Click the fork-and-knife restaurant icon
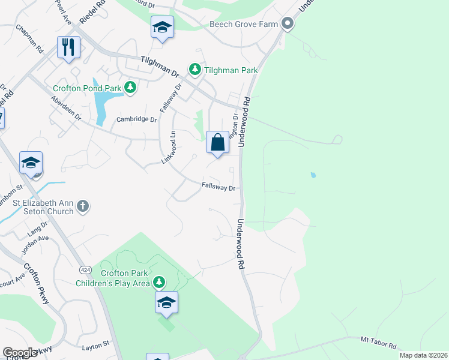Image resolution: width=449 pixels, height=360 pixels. [x=68, y=47]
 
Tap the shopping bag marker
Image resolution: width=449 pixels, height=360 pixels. [x=217, y=143]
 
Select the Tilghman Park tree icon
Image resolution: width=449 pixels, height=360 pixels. [x=195, y=70]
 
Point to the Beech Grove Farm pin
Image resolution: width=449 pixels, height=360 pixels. [x=288, y=24]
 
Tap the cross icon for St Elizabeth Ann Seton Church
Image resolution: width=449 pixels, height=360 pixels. [x=83, y=207]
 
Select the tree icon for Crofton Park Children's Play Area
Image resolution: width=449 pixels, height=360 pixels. [x=158, y=281]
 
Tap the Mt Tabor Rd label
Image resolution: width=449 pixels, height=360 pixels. [x=379, y=343]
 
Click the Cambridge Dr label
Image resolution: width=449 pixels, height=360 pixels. [x=136, y=119]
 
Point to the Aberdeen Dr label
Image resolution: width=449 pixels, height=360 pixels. [x=66, y=108]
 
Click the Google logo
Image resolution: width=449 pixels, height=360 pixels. [x=20, y=353]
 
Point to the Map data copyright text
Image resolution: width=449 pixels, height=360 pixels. [x=423, y=355]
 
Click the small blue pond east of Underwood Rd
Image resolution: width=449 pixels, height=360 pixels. [x=312, y=175]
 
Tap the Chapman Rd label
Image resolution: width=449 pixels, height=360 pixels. [x=30, y=37]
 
